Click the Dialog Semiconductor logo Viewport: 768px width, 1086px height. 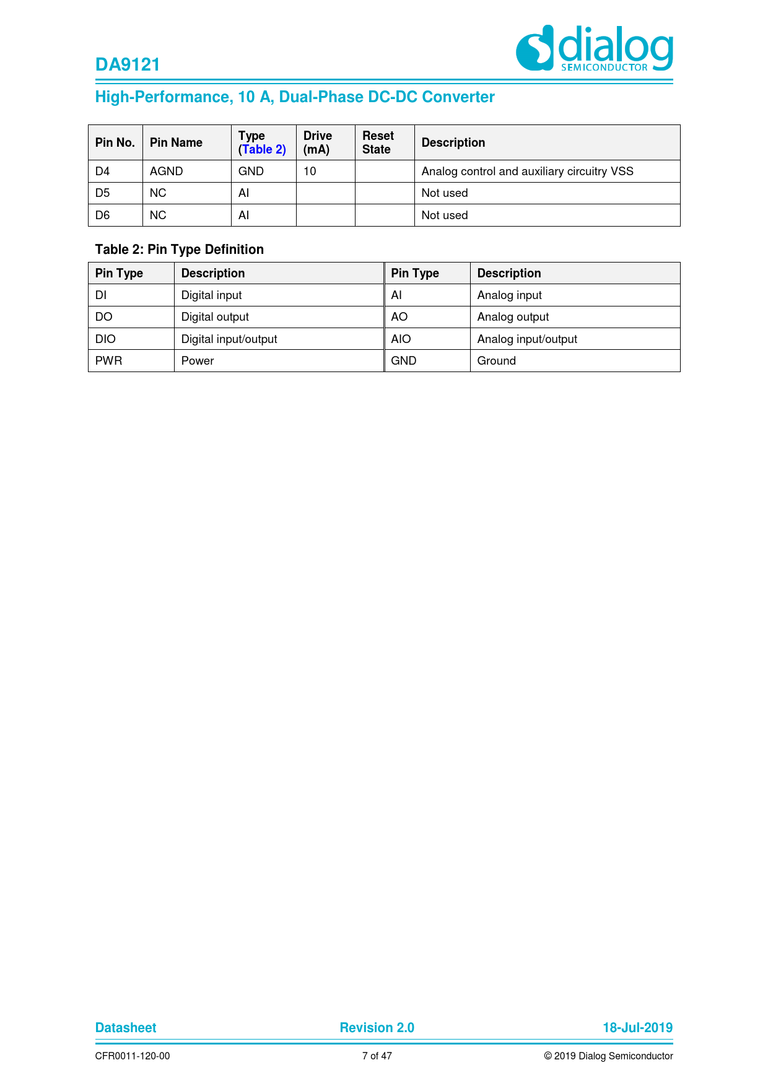point(594,48)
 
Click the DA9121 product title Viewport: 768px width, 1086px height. point(128,65)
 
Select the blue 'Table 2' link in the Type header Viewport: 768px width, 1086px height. point(263,149)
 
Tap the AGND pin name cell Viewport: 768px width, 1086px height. point(166,172)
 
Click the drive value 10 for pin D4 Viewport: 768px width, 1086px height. point(310,172)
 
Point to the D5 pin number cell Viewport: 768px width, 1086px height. point(103,193)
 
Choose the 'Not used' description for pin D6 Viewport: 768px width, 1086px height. point(445,215)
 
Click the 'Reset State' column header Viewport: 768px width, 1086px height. point(378,142)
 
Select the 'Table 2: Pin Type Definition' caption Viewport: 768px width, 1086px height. point(180,250)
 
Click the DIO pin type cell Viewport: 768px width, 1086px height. point(106,339)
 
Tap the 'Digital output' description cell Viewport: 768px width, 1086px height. point(215,317)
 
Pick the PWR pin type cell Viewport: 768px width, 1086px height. point(109,361)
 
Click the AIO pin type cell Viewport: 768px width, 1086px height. point(401,339)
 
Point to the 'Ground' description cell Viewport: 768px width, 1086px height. point(497,361)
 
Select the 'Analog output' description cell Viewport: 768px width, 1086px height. point(513,317)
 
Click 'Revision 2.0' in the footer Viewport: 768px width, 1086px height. point(377,1028)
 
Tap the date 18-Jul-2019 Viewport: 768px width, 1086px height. point(637,1028)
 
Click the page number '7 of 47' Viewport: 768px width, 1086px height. point(377,1056)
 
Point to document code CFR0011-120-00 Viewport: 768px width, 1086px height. point(133,1056)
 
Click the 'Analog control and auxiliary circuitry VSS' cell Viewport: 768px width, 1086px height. point(527,172)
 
